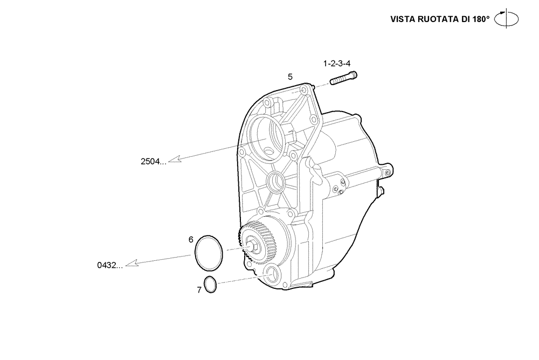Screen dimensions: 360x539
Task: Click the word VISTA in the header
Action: [403, 19]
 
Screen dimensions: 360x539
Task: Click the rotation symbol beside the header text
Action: [507, 18]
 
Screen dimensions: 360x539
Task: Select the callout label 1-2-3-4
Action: [337, 64]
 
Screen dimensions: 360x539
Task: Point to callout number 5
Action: [290, 77]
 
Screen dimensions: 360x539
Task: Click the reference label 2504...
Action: [153, 161]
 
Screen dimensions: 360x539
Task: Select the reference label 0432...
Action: [110, 265]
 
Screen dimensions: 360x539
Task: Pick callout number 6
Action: [191, 239]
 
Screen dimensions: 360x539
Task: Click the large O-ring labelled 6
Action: [209, 252]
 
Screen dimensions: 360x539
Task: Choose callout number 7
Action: [199, 290]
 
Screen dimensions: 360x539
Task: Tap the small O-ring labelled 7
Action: [210, 284]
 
